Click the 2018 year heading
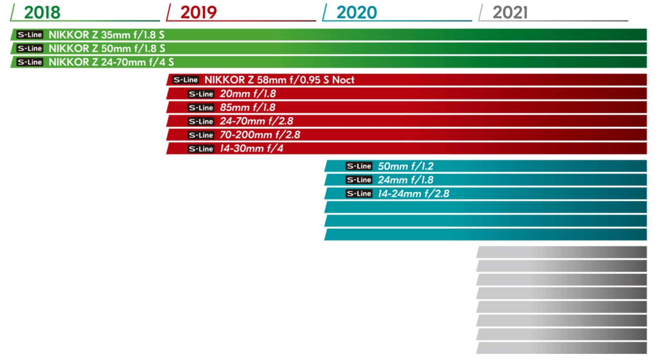click(42, 13)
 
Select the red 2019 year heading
click(198, 13)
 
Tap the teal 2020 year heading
click(356, 13)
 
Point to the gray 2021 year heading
click(510, 13)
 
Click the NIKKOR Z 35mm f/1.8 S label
click(106, 35)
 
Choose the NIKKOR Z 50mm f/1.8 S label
click(107, 48)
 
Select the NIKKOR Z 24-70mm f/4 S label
click(111, 62)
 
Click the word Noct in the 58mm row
click(343, 80)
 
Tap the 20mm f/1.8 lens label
click(248, 94)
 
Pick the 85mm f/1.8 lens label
click(247, 107)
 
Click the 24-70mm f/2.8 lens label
click(256, 121)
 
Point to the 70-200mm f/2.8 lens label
click(260, 135)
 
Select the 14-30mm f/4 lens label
click(251, 148)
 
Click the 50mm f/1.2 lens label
click(405, 166)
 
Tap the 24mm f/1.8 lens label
click(405, 180)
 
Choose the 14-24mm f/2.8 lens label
click(414, 194)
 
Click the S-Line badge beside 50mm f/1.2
click(359, 166)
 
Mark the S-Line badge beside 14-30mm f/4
click(201, 149)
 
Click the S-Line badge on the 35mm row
click(30, 35)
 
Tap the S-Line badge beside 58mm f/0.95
click(185, 80)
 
